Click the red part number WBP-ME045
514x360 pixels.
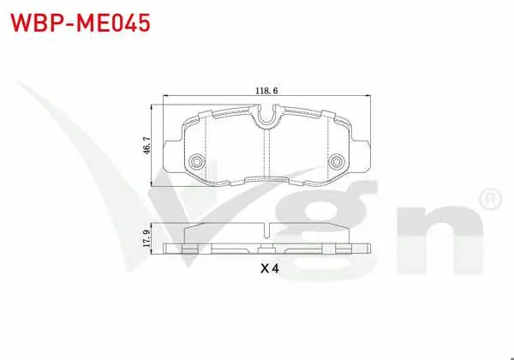81,22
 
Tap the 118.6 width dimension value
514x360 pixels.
266,91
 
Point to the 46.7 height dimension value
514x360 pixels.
146,146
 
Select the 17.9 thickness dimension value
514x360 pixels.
146,238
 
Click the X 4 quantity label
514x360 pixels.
270,269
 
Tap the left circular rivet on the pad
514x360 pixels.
197,162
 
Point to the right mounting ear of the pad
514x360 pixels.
361,156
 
